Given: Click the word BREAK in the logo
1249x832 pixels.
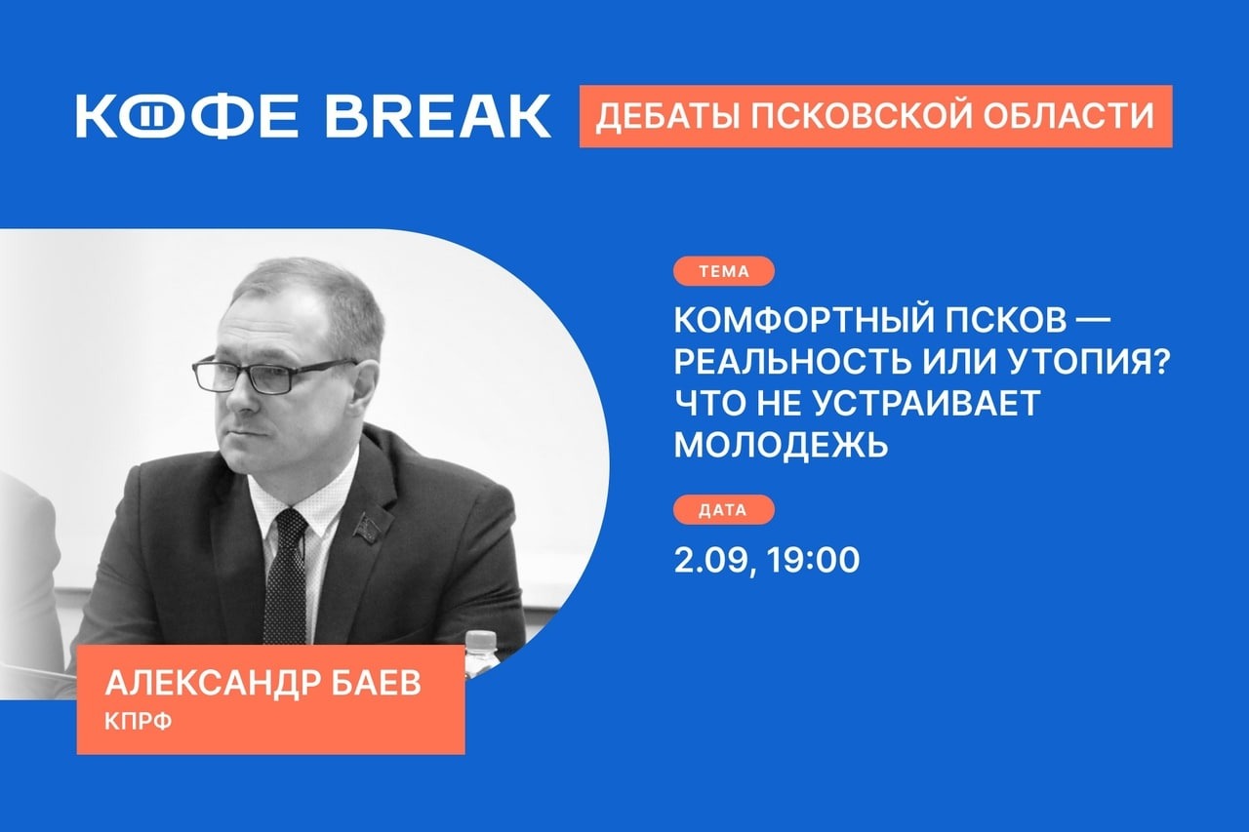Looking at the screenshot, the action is pyautogui.click(x=438, y=116).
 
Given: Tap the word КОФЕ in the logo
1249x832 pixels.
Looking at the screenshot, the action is pyautogui.click(x=187, y=116).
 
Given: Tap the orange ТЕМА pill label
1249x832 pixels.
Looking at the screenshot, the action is pyautogui.click(x=724, y=271).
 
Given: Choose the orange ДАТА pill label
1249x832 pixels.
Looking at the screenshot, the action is pyautogui.click(x=724, y=509).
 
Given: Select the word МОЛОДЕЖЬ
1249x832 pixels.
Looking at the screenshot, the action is pyautogui.click(x=781, y=444).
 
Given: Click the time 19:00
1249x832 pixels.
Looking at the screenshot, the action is pyautogui.click(x=814, y=560).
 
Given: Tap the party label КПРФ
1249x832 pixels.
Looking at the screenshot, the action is pyautogui.click(x=139, y=722).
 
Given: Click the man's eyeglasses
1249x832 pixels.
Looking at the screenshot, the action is pyautogui.click(x=274, y=374).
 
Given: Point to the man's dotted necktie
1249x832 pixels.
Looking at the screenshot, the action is pyautogui.click(x=286, y=579).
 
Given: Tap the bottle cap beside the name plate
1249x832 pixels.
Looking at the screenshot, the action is pyautogui.click(x=481, y=638).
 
